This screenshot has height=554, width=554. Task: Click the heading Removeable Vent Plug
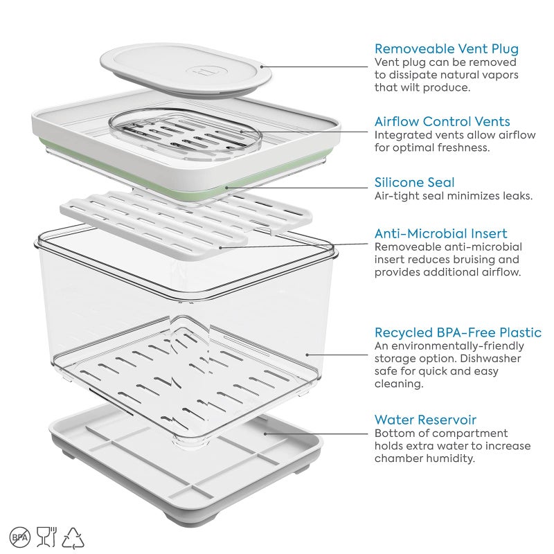(446, 49)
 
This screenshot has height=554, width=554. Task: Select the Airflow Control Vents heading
(442, 122)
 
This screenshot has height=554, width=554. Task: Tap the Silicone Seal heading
(414, 182)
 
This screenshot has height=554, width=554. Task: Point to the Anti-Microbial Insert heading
(440, 233)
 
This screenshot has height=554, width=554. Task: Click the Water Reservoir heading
(425, 420)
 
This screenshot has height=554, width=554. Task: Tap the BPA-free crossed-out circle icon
(20, 537)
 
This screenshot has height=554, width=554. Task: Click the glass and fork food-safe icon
(46, 537)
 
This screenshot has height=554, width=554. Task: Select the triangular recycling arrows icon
(73, 537)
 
